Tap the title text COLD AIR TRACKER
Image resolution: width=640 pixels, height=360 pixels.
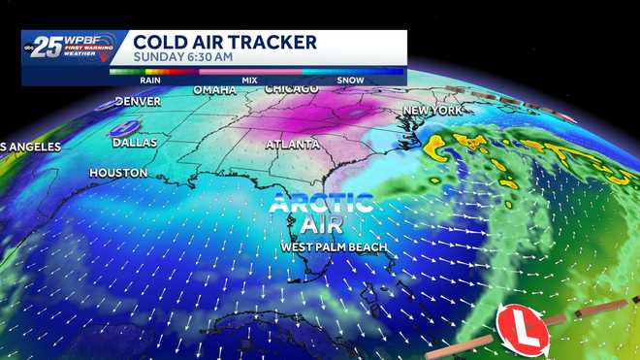(x=225, y=42)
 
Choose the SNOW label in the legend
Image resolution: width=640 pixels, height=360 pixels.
(x=350, y=81)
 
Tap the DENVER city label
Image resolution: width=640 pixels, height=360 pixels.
(x=138, y=101)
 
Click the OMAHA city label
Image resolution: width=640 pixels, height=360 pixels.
(x=214, y=90)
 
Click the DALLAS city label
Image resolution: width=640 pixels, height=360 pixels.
(x=135, y=142)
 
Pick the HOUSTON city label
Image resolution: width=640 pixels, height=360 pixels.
(x=118, y=173)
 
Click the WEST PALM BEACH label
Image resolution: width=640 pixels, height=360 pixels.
(x=334, y=247)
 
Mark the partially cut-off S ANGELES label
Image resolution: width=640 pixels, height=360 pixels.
(x=31, y=147)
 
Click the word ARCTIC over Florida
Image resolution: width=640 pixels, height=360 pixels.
(x=321, y=204)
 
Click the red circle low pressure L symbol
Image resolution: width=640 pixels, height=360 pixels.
(x=522, y=332)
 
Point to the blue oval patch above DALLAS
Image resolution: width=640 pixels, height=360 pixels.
(x=123, y=127)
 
